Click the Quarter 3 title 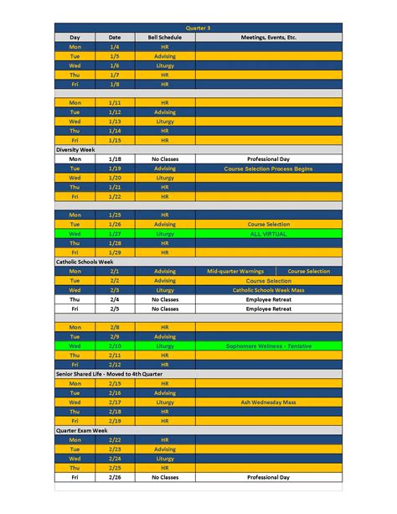198,28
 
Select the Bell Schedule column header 165,38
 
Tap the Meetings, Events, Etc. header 268,38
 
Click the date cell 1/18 115,158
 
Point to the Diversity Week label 75,149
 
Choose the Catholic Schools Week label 84,262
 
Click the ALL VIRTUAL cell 268,234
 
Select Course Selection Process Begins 268,168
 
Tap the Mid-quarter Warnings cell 235,271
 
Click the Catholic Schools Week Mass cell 268,289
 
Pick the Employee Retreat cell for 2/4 268,299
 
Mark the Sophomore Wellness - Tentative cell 268,345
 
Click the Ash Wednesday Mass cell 268,402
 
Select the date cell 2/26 115,476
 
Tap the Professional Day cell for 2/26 268,476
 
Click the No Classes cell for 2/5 165,308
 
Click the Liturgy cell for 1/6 165,65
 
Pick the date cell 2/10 115,345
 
